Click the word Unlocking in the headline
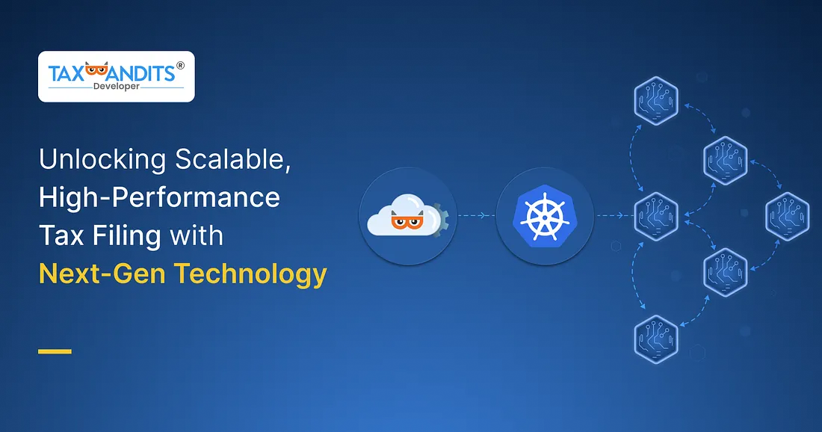coord(102,160)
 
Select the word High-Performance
coord(159,198)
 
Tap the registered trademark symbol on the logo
coord(179,66)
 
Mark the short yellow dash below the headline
coord(55,351)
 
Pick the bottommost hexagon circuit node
coord(655,339)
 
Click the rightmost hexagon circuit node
coord(788,216)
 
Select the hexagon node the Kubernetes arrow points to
coord(655,216)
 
